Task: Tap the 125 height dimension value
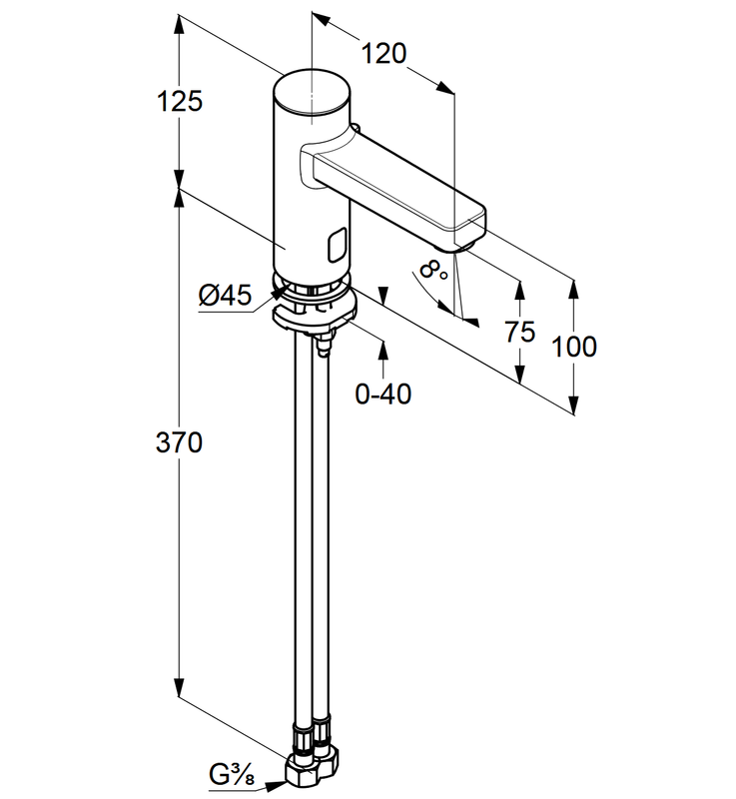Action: coord(179,100)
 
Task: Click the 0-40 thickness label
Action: coord(383,394)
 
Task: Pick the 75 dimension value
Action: coord(519,333)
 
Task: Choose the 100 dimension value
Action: coord(574,347)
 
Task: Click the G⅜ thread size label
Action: coord(231,774)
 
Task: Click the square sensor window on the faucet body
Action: coord(337,243)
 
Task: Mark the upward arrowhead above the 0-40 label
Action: coord(383,349)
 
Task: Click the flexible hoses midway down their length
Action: coord(309,539)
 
